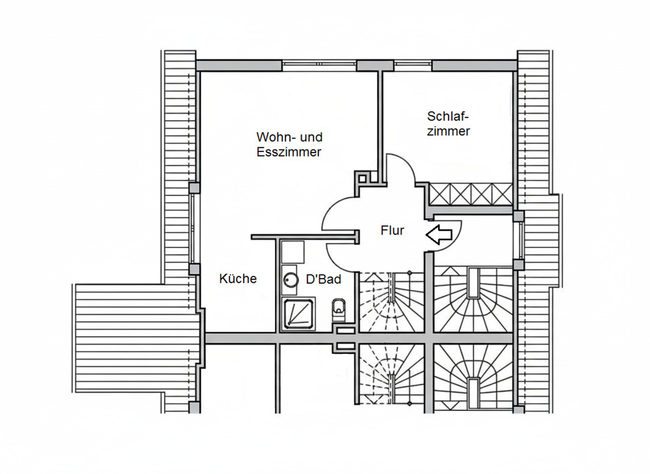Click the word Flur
tap(393, 231)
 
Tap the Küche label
tap(238, 279)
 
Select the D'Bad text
tap(324, 279)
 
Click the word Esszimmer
tap(289, 153)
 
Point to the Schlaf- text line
tap(448, 116)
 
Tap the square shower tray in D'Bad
tap(298, 313)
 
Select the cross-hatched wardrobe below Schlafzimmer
tap(471, 193)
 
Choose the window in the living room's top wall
tap(318, 65)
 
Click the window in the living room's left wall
tap(193, 227)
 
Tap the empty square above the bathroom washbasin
tap(292, 251)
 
